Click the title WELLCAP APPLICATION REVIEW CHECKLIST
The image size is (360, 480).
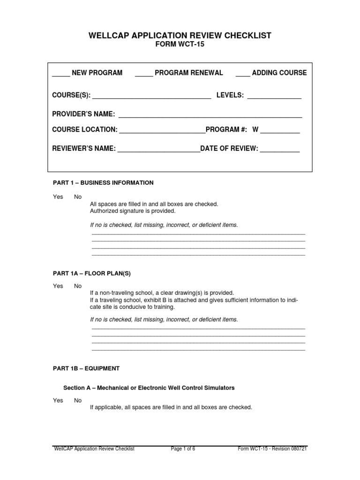coord(180,36)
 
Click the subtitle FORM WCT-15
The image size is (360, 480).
coord(180,45)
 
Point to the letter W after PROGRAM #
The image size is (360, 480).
coord(255,129)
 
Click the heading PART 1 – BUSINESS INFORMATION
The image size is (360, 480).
coord(103,183)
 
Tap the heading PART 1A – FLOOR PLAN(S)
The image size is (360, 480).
coord(88,273)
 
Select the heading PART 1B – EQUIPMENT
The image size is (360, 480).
coord(86,368)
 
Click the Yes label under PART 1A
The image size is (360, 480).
coord(58,286)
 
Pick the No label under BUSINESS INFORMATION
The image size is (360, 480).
coord(78,197)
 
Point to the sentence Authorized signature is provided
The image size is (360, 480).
coord(132,211)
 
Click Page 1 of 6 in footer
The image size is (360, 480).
coord(183,449)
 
